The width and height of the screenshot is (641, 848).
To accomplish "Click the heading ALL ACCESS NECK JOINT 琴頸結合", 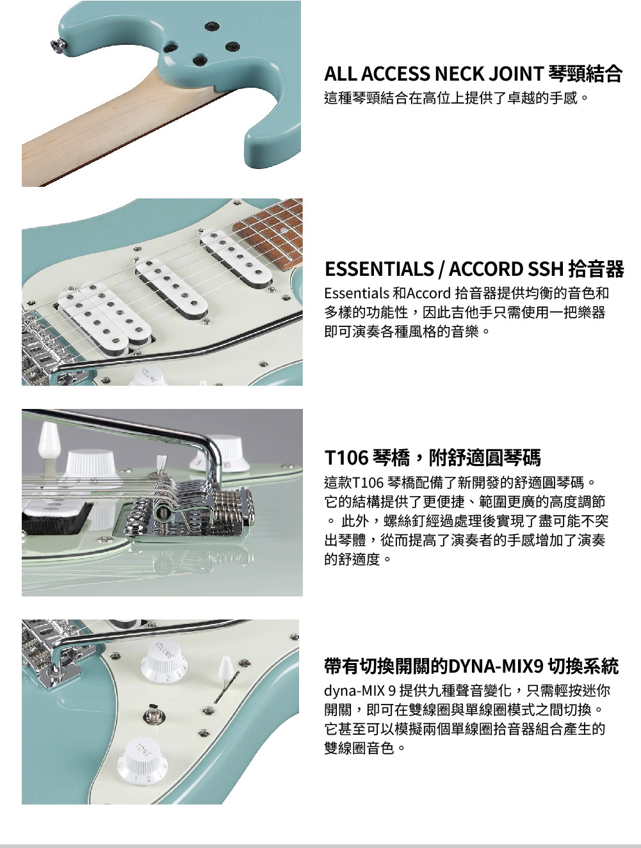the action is click(473, 74).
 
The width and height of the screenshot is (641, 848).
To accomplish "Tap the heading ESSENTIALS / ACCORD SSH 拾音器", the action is click(474, 269).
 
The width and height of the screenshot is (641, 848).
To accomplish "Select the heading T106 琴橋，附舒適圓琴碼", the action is click(432, 458).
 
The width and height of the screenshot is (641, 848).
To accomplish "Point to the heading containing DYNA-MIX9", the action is click(471, 666).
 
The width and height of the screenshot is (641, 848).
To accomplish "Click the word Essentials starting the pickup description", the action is click(357, 293).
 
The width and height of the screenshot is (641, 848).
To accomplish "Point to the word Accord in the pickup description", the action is click(428, 293).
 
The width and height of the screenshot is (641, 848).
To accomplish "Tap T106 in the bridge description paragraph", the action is click(368, 483).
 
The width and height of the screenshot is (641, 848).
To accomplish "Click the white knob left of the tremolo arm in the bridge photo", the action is click(91, 465).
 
